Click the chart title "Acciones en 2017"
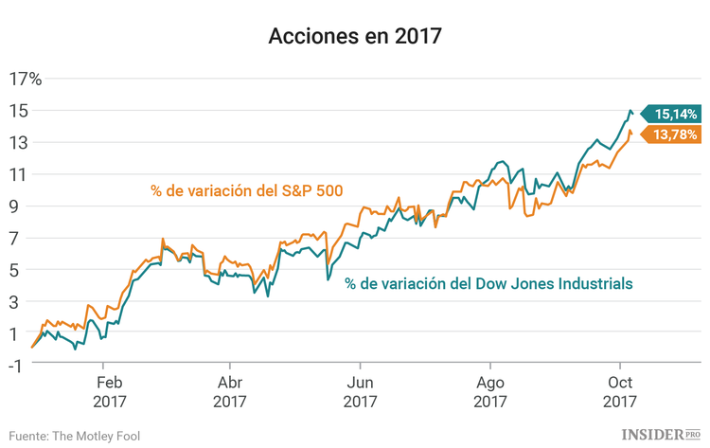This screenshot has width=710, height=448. (x=355, y=37)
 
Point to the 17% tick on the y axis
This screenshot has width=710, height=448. (x=27, y=79)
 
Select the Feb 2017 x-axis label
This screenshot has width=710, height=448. (x=108, y=391)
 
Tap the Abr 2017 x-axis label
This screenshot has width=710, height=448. (x=229, y=391)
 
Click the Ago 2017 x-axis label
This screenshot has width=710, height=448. (x=490, y=391)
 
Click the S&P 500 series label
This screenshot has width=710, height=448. (x=245, y=191)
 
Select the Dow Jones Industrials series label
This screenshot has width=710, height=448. (x=488, y=283)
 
